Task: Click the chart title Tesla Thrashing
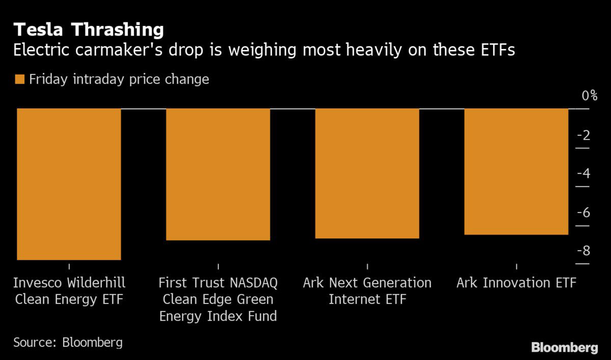89,30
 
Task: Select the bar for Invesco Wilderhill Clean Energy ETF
69,184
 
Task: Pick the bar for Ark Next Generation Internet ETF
367,173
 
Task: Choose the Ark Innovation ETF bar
516,172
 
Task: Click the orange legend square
20,79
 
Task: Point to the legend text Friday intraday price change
119,79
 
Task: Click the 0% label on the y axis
589,96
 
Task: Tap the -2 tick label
584,135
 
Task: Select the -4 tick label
584,174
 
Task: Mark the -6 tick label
584,212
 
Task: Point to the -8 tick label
584,251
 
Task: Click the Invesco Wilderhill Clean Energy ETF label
69,291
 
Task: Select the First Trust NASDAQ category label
218,299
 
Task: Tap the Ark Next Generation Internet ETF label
367,291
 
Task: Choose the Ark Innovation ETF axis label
516,283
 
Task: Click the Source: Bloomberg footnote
68,342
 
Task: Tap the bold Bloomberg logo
565,348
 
